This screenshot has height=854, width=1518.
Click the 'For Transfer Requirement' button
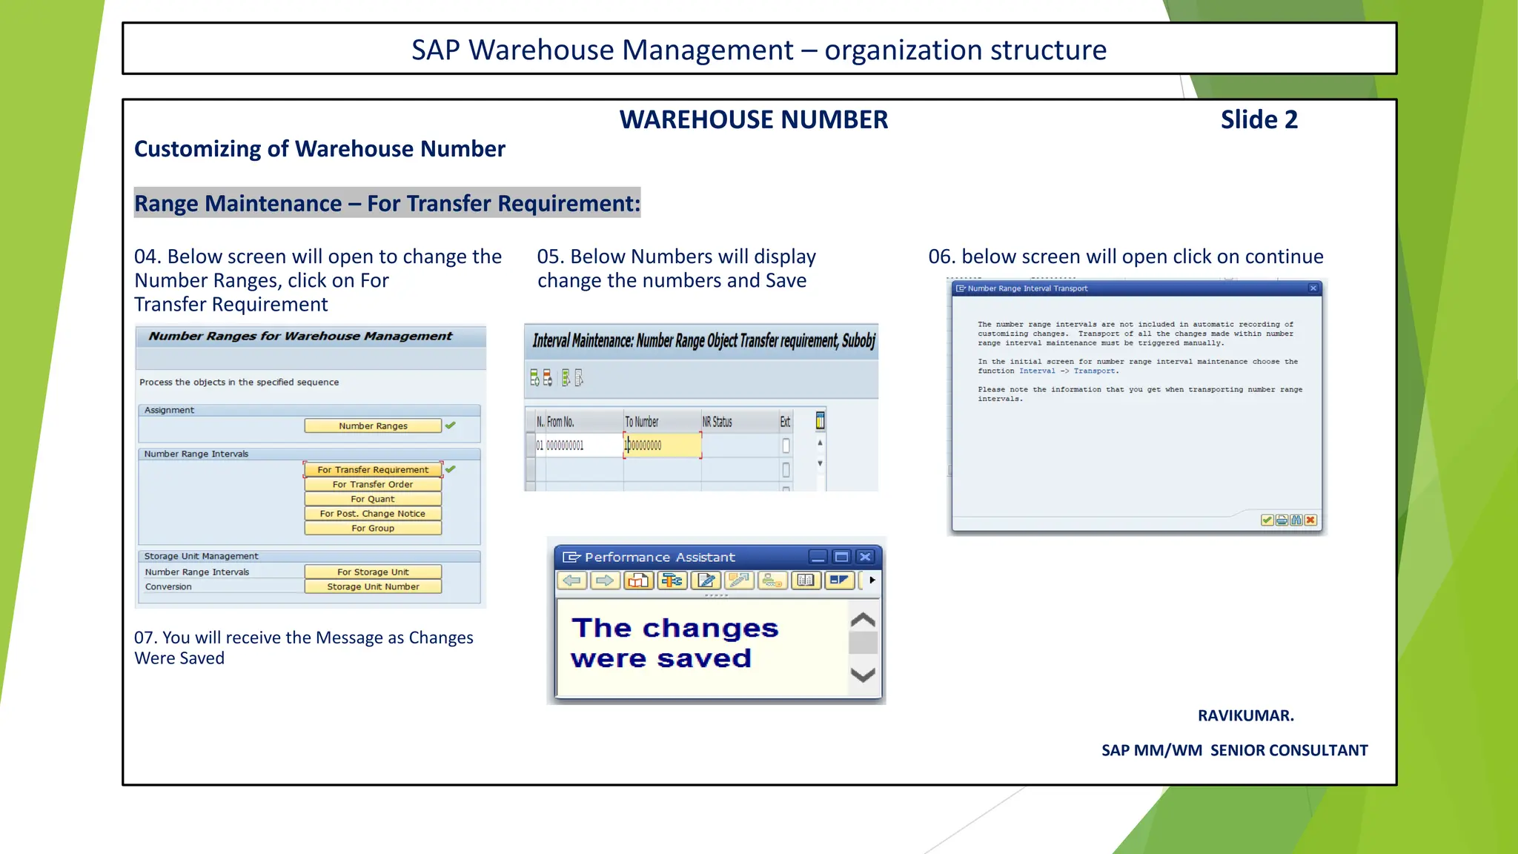(x=373, y=469)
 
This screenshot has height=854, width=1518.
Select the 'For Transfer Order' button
(x=373, y=484)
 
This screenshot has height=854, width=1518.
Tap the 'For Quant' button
(x=373, y=499)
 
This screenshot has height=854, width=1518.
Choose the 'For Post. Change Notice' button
(x=373, y=514)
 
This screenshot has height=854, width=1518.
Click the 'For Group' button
(x=373, y=529)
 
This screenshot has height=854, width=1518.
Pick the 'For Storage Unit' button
(x=373, y=572)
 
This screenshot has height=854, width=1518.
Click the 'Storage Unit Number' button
(x=373, y=586)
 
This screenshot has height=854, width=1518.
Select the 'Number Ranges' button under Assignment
(x=373, y=426)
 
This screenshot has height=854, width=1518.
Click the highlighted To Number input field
(x=662, y=446)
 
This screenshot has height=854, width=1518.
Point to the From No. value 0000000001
(x=565, y=446)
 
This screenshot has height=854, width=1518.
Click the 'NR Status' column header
(x=717, y=422)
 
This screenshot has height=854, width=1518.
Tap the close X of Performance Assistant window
(x=865, y=557)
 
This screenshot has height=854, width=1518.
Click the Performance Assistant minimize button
(x=818, y=557)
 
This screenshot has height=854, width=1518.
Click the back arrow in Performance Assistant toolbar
(x=571, y=580)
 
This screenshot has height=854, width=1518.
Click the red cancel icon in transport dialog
(x=1310, y=520)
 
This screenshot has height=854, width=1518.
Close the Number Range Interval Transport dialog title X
(x=1313, y=288)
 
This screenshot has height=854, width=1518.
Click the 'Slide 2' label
(x=1259, y=119)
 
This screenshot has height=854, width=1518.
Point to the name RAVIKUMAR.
(x=1245, y=715)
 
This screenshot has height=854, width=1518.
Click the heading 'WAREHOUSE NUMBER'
(x=753, y=119)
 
